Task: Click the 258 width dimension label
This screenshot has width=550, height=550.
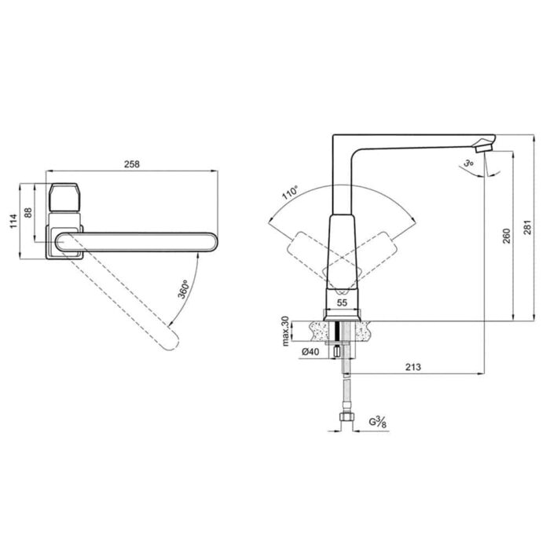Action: [132, 163]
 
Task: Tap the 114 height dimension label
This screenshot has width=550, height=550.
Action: [13, 221]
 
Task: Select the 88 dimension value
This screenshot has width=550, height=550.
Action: [28, 213]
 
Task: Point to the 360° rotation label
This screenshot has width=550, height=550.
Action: [183, 289]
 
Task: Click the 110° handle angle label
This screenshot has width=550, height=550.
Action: [290, 192]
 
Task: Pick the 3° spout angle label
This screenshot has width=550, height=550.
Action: [468, 163]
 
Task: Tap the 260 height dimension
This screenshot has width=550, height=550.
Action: [507, 236]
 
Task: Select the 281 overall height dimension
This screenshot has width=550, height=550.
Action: [528, 227]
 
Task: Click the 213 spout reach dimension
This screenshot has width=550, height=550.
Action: [412, 367]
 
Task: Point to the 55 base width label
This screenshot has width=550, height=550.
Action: [342, 302]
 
